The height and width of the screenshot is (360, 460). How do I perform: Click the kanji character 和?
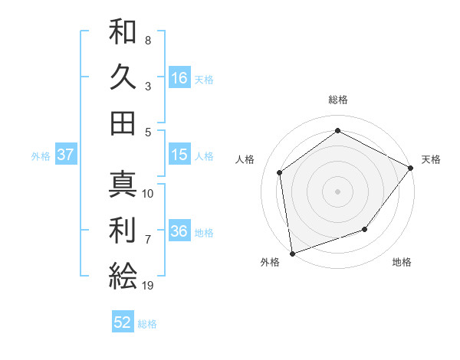tap(123, 32)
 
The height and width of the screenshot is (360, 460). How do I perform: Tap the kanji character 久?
tap(123, 77)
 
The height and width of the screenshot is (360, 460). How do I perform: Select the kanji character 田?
tap(123, 123)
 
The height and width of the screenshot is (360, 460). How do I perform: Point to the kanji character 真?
tap(123, 184)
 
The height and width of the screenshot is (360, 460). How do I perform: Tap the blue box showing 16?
tap(179, 78)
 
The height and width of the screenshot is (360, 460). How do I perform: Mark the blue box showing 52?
tap(123, 323)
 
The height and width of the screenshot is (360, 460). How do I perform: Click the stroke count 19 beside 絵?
tap(148, 286)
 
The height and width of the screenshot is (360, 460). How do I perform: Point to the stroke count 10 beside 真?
tap(148, 194)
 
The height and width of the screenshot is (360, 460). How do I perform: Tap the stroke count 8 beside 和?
tap(148, 40)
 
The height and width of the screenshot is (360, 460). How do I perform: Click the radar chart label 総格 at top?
tap(337, 100)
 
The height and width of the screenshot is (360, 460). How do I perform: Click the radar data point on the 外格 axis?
tap(292, 253)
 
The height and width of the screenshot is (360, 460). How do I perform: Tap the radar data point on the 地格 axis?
tap(365, 229)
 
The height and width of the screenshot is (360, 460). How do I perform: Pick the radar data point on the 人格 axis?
tap(280, 172)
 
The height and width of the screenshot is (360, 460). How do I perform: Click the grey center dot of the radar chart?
tap(337, 191)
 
